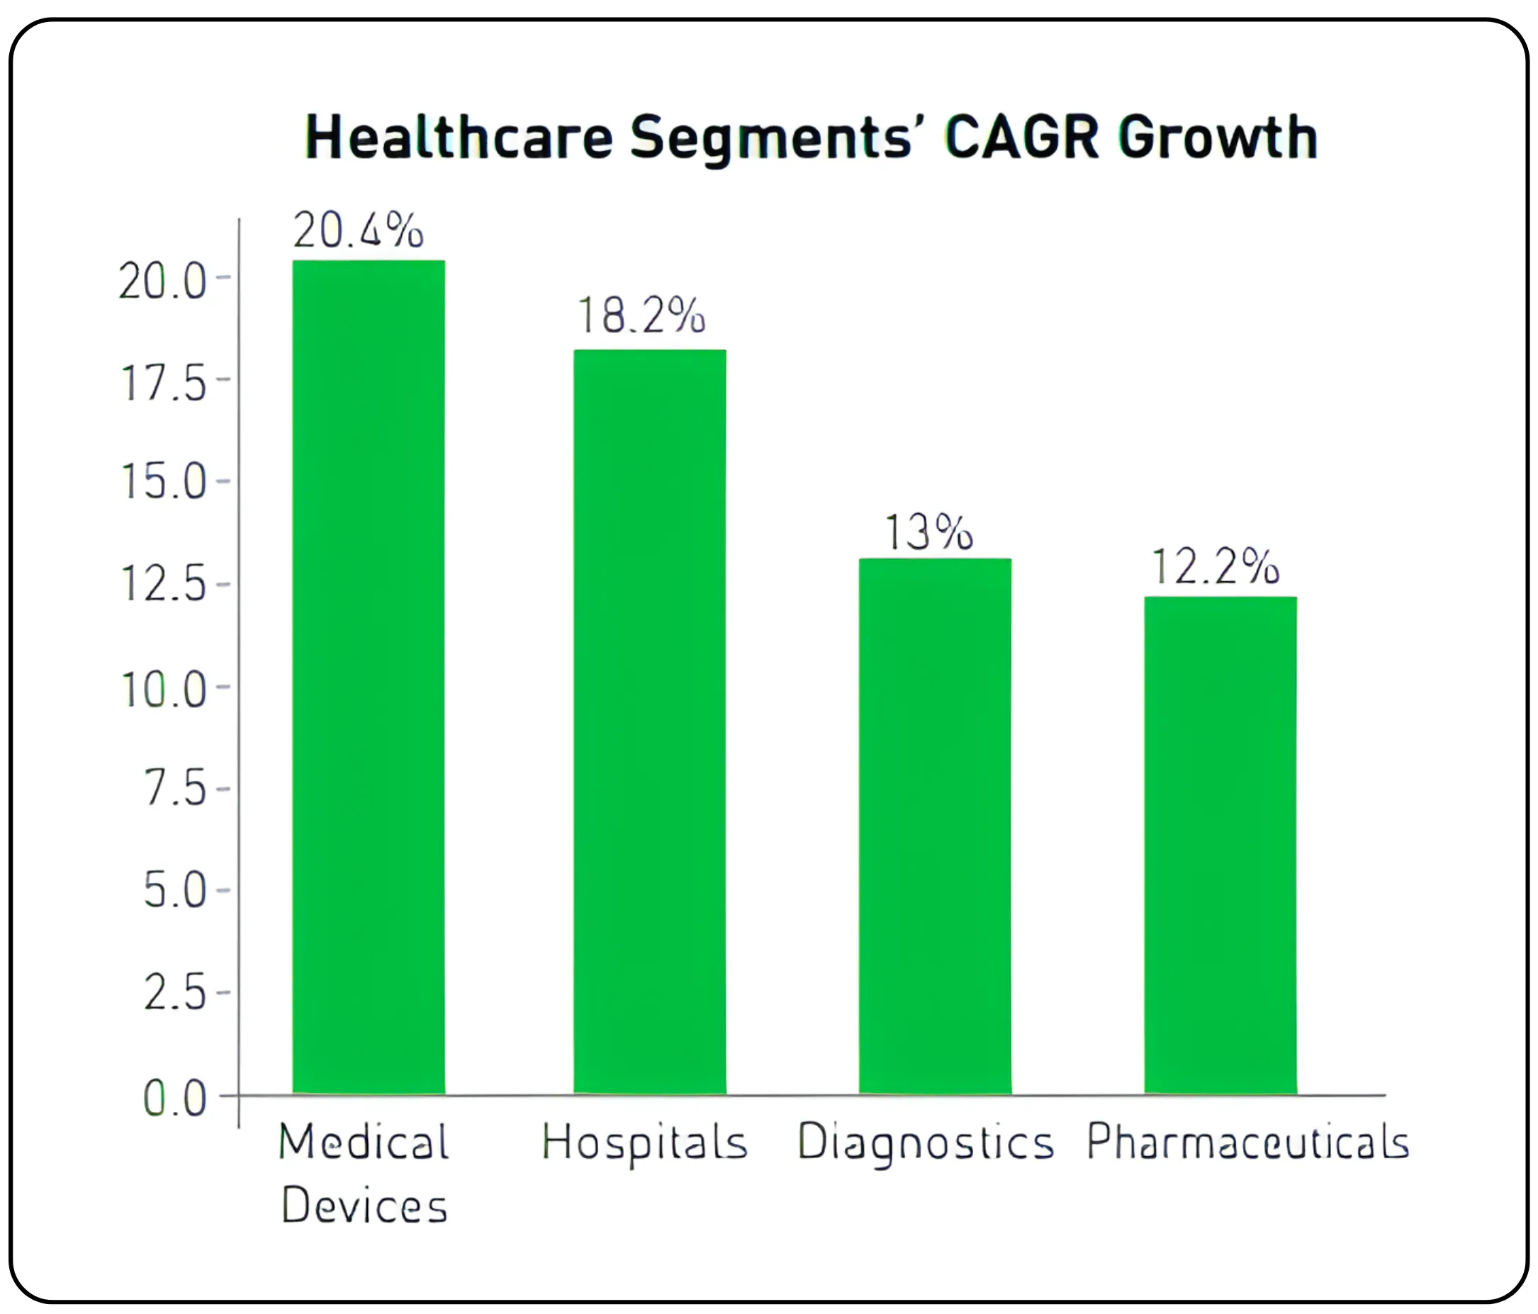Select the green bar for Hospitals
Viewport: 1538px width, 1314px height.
[x=649, y=721]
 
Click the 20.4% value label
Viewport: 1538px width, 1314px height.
[x=358, y=230]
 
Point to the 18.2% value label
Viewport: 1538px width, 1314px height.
[x=641, y=315]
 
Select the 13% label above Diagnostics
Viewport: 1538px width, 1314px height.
[x=928, y=532]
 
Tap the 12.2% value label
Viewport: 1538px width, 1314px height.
[x=1215, y=567]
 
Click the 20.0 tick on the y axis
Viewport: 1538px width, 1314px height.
[x=162, y=282]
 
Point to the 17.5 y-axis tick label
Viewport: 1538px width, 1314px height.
[x=163, y=384]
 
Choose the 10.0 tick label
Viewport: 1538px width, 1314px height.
[x=163, y=690]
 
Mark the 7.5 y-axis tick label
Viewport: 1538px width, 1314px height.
[x=175, y=787]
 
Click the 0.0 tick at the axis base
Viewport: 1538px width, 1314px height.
[x=175, y=1099]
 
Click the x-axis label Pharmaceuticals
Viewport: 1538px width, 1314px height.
[x=1247, y=1141]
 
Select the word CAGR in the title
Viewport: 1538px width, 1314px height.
[x=1021, y=137]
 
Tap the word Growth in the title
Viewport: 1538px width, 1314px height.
[x=1218, y=137]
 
